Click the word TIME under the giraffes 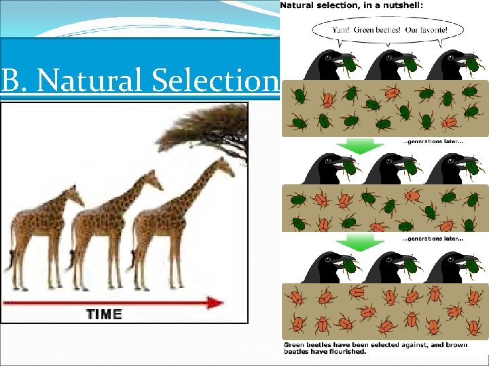[x=104, y=314]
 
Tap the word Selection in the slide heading [x=216, y=82]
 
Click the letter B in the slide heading [x=10, y=82]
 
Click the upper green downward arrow [x=368, y=145]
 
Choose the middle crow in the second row [x=387, y=169]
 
